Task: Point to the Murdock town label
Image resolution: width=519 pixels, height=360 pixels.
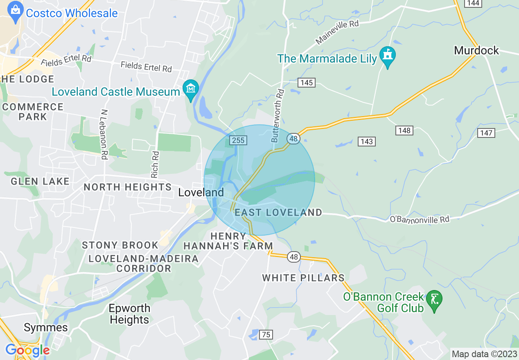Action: pos(476,51)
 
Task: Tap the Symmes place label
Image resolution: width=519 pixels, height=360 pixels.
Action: pos(46,327)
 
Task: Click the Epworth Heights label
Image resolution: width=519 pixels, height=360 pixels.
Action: pos(130,314)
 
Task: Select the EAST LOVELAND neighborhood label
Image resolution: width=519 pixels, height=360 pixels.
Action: pos(278,212)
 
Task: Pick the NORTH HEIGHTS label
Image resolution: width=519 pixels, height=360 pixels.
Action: pos(128,187)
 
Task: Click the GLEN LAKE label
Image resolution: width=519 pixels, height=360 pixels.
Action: pos(40,181)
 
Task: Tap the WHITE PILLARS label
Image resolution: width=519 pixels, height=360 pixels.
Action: pos(303,278)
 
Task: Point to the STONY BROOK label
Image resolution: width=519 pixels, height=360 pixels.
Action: pos(120,245)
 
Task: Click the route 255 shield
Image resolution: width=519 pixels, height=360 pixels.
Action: pos(238,140)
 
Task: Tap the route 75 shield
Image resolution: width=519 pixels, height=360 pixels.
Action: pos(266,335)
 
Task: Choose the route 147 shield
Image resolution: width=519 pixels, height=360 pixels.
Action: pos(486,133)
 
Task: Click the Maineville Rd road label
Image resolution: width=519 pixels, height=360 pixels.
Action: pos(337,32)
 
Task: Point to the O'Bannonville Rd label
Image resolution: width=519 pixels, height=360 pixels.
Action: pos(419,220)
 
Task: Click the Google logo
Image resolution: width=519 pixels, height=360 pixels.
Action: pos(27,350)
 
